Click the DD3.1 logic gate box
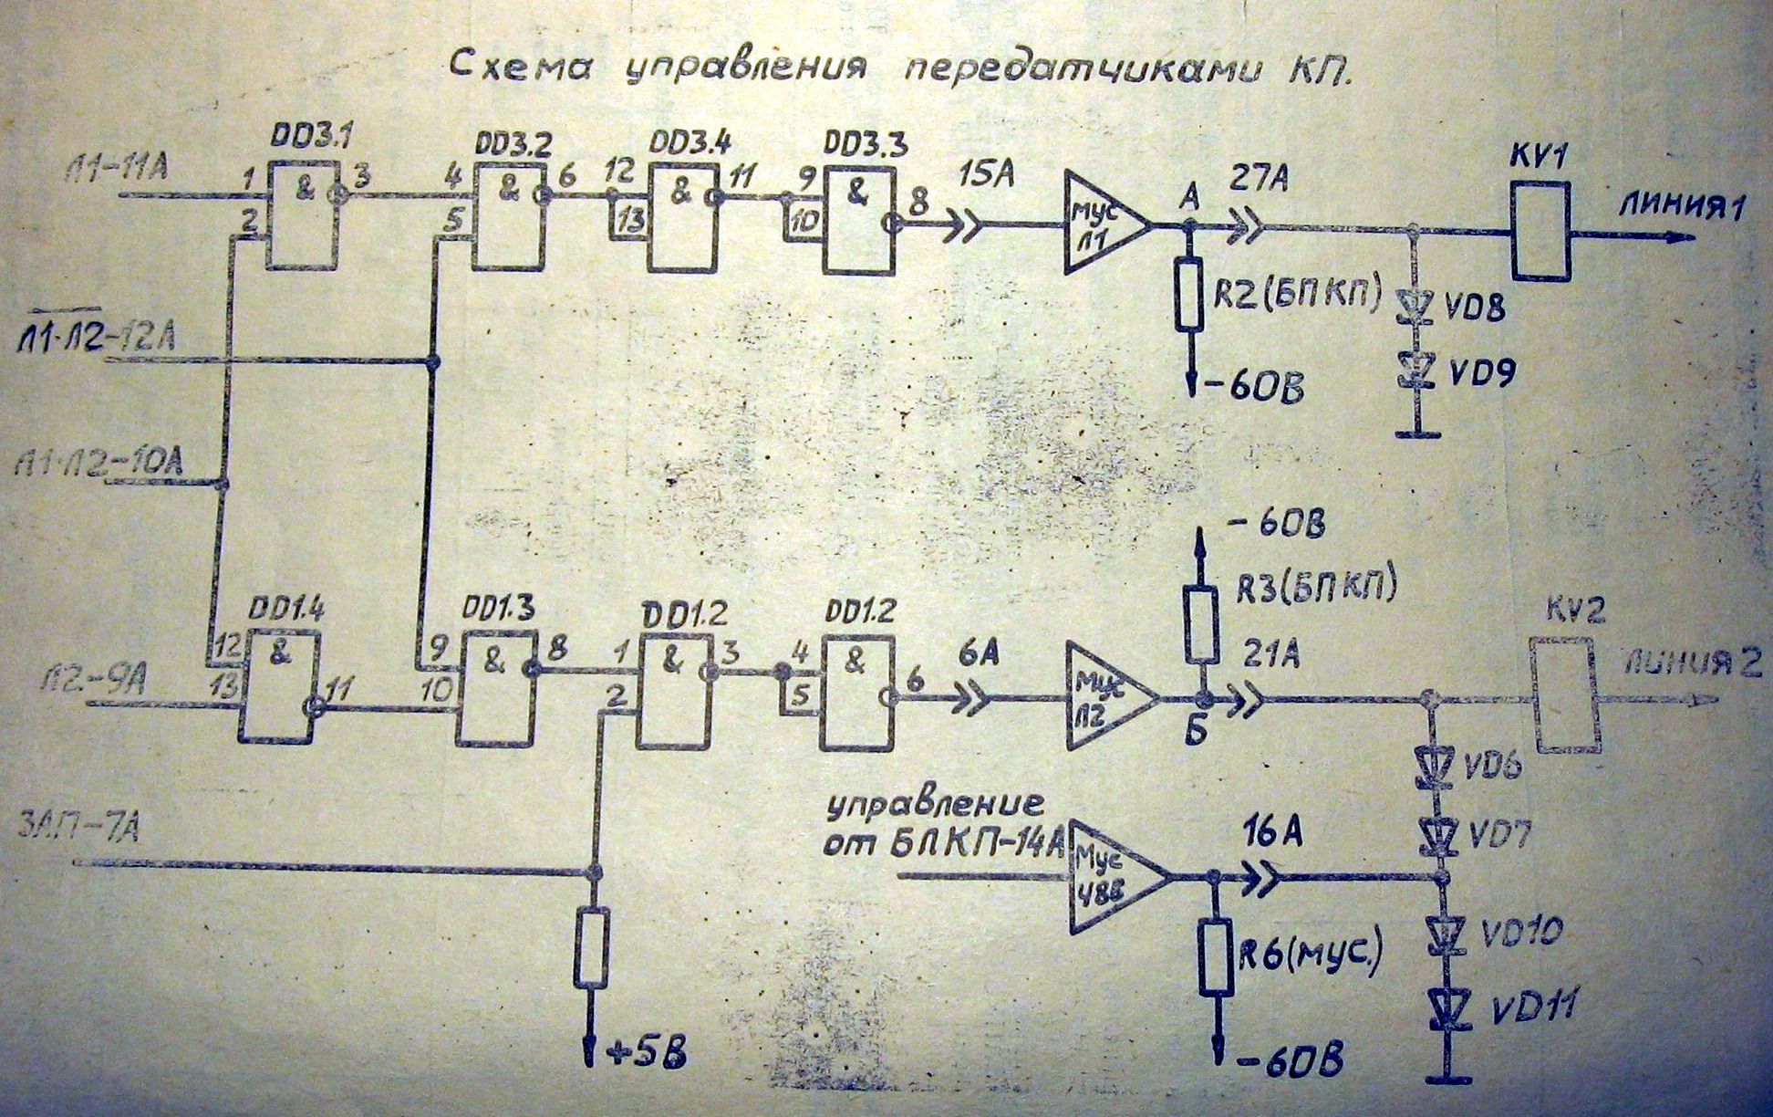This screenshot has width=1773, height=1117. pos(302,215)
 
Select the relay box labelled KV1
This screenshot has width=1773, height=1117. pos(1540,230)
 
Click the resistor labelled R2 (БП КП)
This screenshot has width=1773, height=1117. pos(1187,294)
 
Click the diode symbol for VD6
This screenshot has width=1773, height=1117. pos(1432,765)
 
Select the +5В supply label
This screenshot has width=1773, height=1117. pos(646,1056)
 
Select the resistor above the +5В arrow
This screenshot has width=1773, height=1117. pos(592,947)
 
